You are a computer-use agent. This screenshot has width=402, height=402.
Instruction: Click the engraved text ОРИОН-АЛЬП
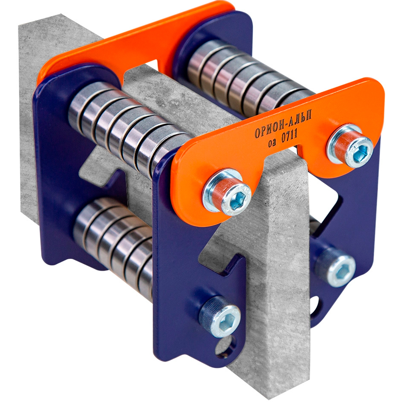(283, 124)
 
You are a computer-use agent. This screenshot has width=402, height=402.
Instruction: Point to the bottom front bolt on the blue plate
(221, 319)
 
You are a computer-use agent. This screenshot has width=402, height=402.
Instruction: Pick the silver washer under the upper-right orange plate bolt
(333, 144)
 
